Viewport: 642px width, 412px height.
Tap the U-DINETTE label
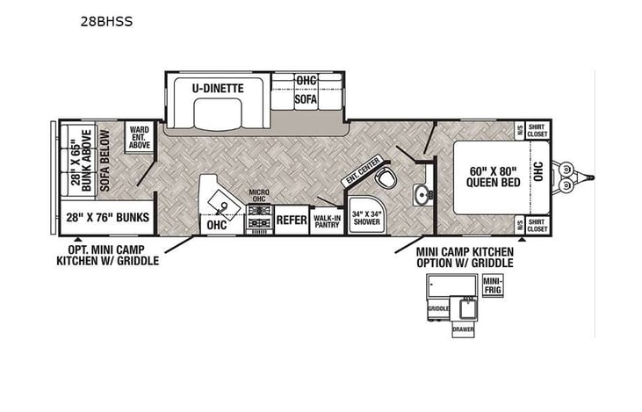(x=219, y=89)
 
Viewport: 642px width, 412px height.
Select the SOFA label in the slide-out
(x=305, y=99)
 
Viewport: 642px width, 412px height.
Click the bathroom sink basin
(x=422, y=193)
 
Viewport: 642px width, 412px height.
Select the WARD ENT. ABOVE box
(x=137, y=137)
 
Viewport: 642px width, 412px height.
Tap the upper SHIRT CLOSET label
(x=536, y=130)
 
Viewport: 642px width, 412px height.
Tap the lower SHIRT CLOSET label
(x=536, y=225)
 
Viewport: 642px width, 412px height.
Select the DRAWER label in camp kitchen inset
(x=463, y=329)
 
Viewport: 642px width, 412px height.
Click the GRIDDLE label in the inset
(x=438, y=308)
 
